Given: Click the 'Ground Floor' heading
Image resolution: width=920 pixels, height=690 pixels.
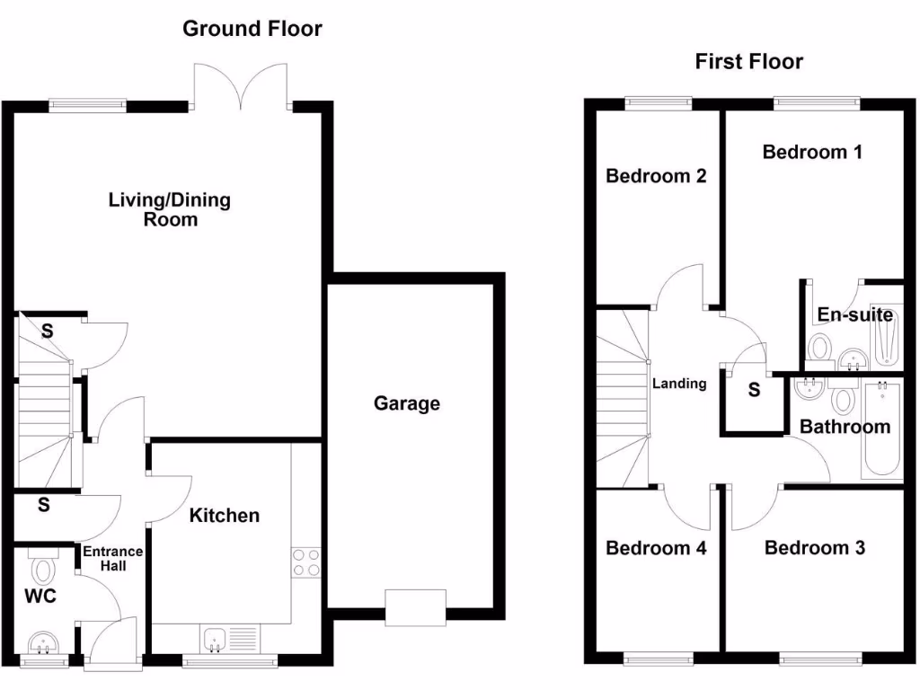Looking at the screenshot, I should [252, 29].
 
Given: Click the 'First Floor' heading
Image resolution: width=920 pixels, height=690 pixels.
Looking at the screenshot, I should [748, 61].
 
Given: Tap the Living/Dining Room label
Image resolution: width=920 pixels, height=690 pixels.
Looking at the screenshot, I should [169, 208].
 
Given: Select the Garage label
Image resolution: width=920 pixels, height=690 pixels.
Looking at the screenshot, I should [407, 403].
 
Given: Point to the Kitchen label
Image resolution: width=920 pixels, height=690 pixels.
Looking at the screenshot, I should [225, 515].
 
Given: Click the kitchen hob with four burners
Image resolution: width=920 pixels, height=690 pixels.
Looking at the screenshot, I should [305, 562].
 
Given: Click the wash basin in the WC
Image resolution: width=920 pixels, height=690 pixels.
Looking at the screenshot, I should [42, 643].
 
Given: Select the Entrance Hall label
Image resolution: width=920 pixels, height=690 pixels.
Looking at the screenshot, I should [113, 558].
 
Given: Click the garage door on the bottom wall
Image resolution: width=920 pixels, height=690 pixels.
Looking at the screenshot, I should [415, 606].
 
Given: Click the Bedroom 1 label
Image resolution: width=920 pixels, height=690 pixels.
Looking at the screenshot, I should [812, 152].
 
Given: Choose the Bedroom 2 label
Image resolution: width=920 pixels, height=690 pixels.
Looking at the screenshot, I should [656, 175].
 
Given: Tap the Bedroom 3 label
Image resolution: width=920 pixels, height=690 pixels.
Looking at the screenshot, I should [814, 547].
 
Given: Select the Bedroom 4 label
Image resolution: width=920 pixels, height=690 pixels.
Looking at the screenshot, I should [656, 547].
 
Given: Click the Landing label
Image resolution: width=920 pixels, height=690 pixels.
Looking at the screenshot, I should [679, 384].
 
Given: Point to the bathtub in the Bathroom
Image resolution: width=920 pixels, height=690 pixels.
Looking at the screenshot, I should [880, 429].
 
